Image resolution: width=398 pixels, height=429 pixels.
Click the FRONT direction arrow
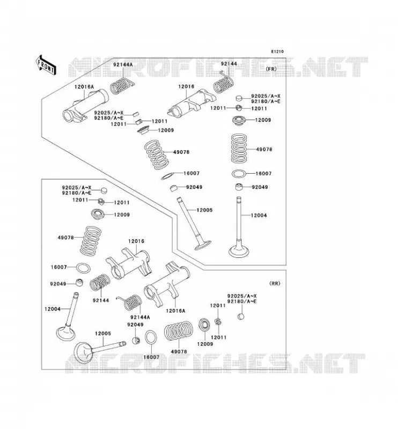46,65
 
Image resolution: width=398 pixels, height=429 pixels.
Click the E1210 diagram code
277,51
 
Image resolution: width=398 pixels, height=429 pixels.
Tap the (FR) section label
271,69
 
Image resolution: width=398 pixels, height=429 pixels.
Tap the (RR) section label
275,284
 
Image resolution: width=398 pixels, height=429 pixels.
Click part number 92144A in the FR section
123,64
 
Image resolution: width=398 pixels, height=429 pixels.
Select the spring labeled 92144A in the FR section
122,86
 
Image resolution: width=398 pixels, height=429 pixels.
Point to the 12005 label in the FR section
204,210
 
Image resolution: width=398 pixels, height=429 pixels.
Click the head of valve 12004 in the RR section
65,332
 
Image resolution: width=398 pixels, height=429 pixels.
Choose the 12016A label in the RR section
175,310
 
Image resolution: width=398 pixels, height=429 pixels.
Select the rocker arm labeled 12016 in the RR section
129,264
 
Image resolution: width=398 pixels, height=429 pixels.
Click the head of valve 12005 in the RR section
84,353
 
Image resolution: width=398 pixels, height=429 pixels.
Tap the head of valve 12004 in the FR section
239,251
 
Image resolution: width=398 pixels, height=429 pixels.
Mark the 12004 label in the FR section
259,216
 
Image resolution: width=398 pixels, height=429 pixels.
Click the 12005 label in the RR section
103,334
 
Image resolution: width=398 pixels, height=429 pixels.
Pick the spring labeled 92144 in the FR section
224,84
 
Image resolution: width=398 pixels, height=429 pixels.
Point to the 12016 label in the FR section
186,86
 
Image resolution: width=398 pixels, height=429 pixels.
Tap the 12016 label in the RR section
136,241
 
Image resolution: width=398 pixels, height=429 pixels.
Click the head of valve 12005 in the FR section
203,245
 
